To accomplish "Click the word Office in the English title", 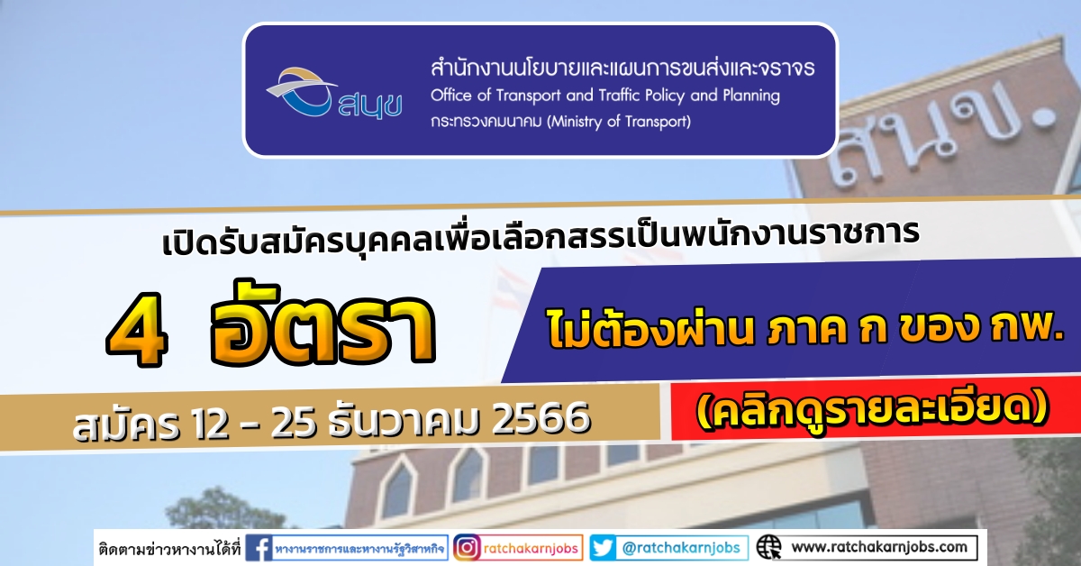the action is pos(450,96).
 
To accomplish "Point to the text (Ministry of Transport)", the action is pos(619,121).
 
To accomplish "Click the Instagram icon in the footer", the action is pos(467,548).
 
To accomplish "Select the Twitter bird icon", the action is pos(604,548).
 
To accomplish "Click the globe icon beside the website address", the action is pos(769,548).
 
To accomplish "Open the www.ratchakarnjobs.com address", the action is pos(879,547).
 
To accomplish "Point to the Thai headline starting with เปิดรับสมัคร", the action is pos(540,238).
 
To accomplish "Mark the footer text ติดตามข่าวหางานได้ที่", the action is pos(169,549).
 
